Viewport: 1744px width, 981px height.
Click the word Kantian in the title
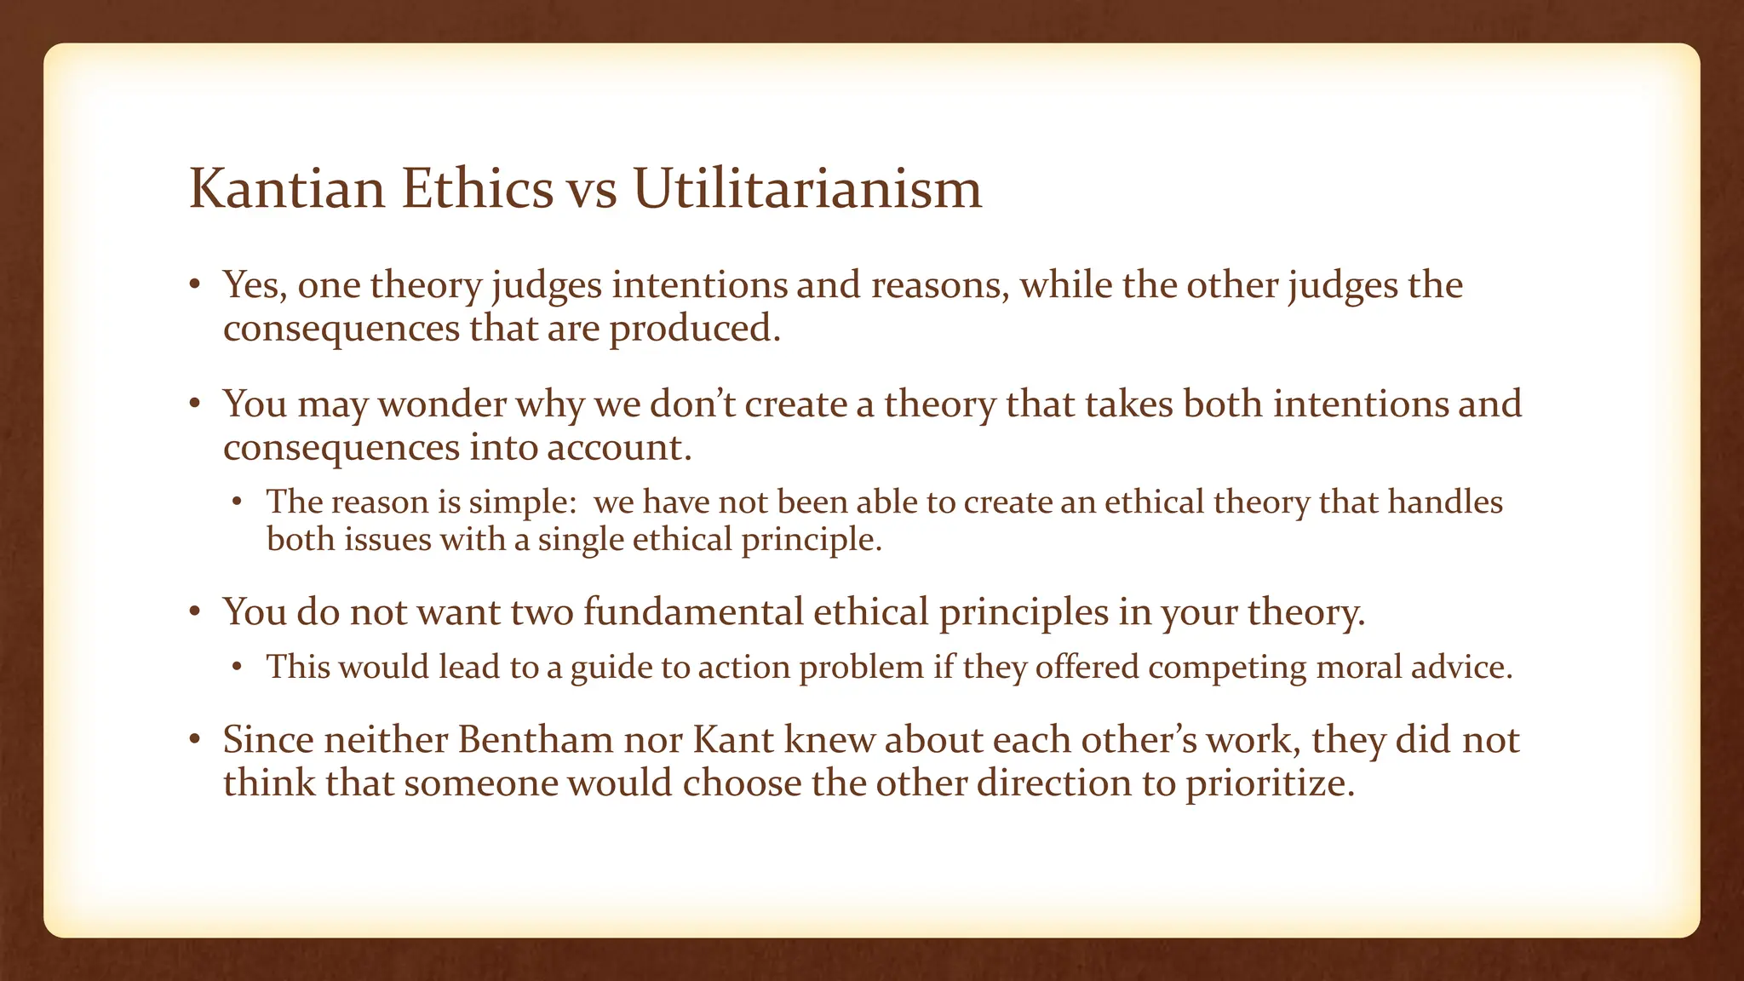[286, 189]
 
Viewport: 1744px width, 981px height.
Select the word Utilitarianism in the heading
[807, 189]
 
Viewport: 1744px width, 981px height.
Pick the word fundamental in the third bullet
[692, 612]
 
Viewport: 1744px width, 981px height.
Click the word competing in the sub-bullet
[1226, 667]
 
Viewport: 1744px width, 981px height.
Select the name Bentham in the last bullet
[536, 740]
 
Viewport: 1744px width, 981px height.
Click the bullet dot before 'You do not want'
[195, 613]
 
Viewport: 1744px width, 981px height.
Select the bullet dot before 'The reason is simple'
[238, 503]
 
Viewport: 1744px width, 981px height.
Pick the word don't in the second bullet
[691, 404]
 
